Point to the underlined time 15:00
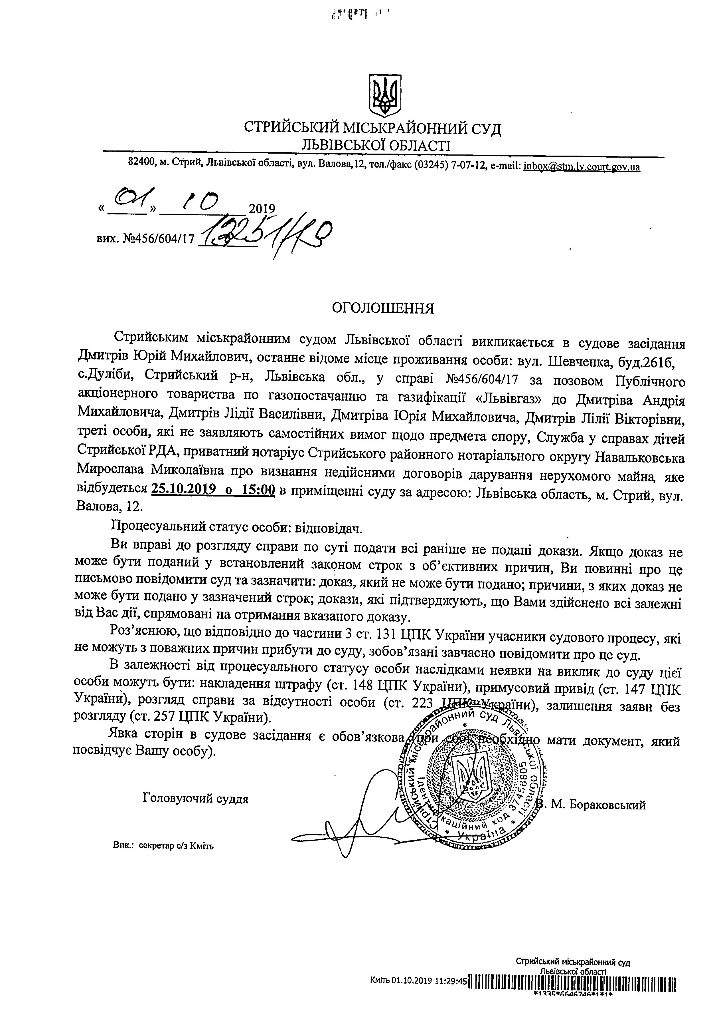point(258,489)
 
